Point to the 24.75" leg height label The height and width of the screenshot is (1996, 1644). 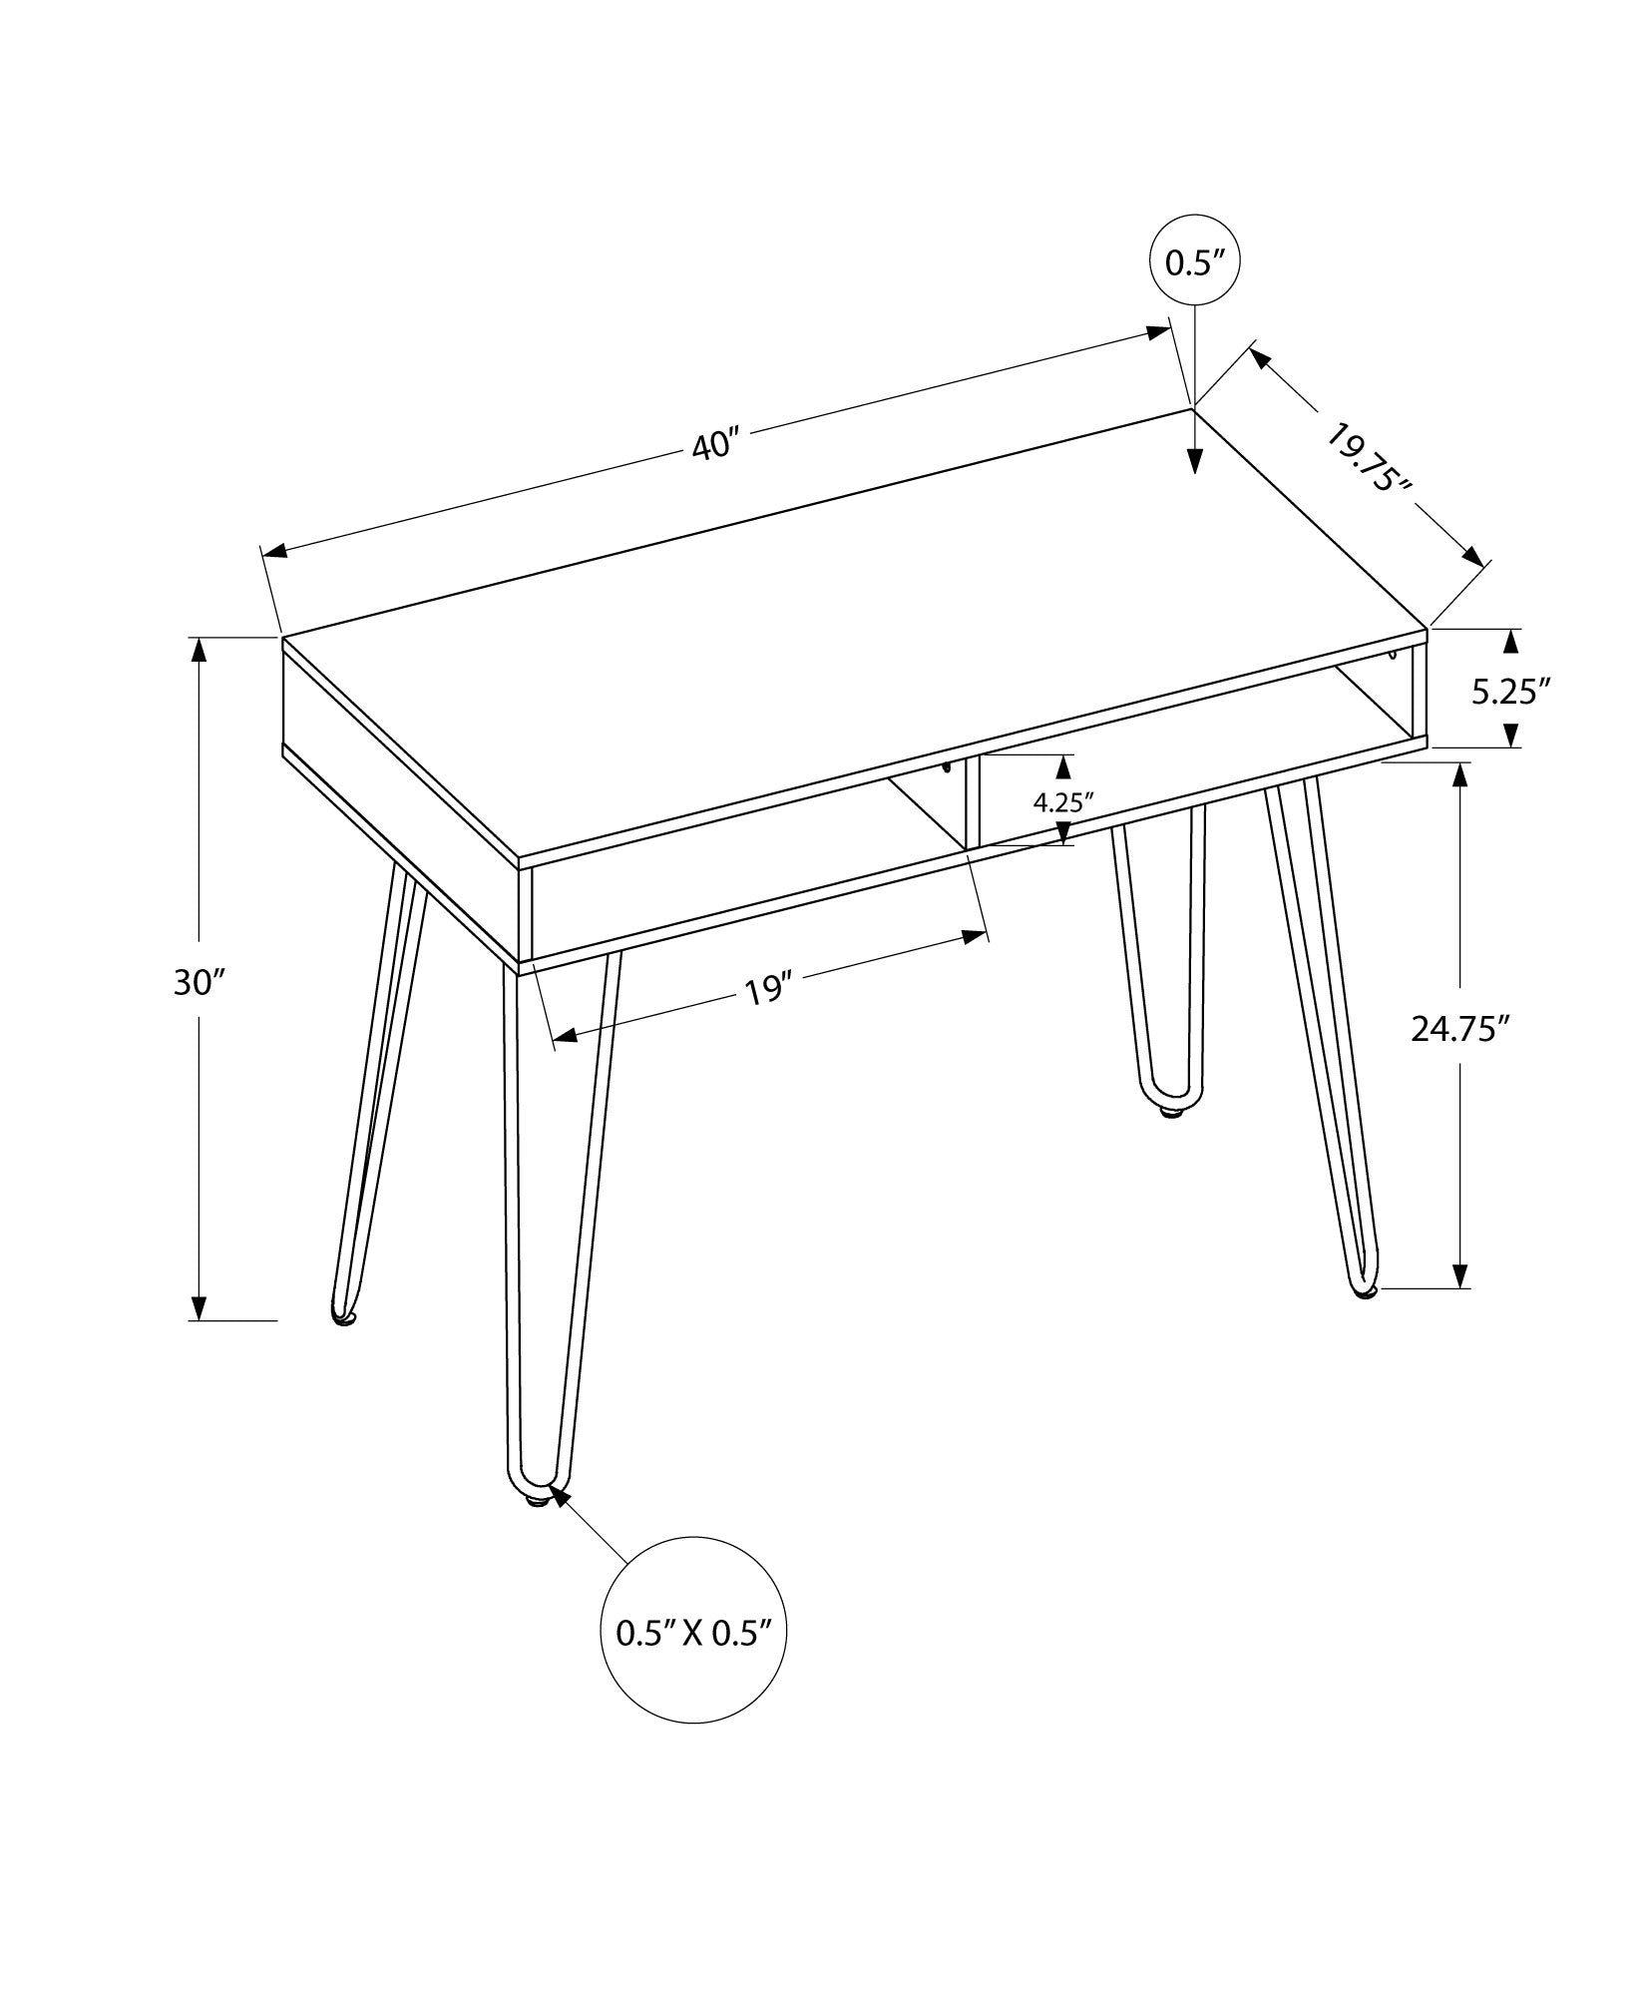(x=1456, y=1028)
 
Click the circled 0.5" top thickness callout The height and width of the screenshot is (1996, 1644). (x=1195, y=262)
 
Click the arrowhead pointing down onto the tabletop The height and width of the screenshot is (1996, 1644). (x=1195, y=460)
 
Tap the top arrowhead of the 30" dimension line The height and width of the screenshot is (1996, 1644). (x=200, y=650)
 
